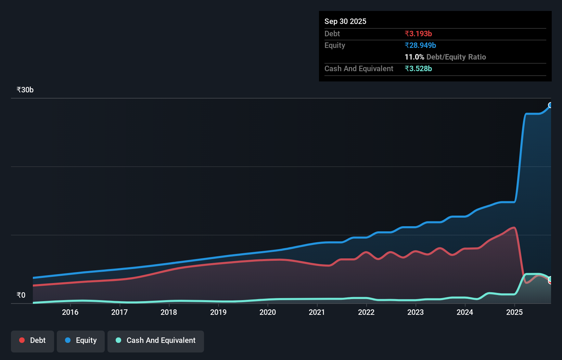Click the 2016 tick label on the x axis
click(70, 312)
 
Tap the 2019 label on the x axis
click(218, 312)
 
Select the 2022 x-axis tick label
click(366, 312)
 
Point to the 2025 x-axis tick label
click(514, 312)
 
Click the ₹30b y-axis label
click(25, 90)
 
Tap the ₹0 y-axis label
click(21, 295)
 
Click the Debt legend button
click(33, 340)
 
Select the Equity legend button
click(81, 340)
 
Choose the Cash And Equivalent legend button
click(156, 340)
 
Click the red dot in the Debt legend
click(22, 340)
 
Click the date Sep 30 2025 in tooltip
click(345, 21)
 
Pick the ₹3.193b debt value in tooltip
click(418, 34)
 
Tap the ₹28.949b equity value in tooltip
click(420, 45)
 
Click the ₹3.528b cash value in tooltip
click(418, 68)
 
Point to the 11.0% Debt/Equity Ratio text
click(445, 57)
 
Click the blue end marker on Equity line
click(550, 105)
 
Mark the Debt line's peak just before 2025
click(513, 228)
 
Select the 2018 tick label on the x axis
click(169, 312)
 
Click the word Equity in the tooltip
click(335, 45)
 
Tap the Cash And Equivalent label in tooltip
click(359, 68)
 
